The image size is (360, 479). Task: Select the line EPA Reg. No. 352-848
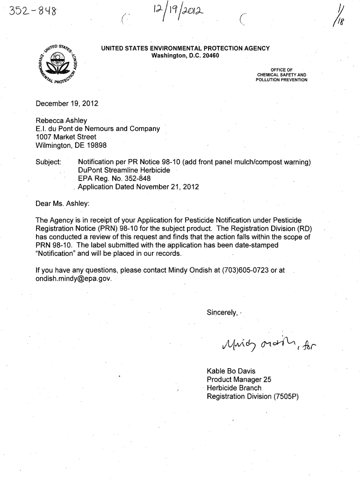point(114,179)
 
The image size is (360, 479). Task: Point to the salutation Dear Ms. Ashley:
point(63,204)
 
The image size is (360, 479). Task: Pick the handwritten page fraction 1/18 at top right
point(349,21)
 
